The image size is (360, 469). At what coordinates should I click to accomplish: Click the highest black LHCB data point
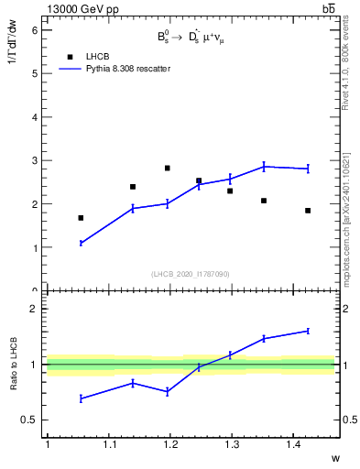coord(167,168)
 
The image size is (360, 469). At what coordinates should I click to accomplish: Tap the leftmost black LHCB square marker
coord(81,218)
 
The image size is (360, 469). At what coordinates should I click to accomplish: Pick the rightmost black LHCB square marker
coord(308,211)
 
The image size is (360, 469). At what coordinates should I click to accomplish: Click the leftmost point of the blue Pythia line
coord(81,243)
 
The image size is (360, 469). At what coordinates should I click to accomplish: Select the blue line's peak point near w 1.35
coord(264,166)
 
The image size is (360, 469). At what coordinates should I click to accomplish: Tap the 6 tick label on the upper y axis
coord(35,30)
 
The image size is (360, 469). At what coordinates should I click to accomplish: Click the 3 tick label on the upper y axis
coord(35,161)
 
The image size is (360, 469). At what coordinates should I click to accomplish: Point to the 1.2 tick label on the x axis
coord(169,444)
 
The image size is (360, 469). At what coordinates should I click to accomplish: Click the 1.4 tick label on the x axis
coord(293,444)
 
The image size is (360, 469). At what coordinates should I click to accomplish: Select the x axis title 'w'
coord(334,457)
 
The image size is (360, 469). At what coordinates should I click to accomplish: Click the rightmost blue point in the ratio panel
coord(308,331)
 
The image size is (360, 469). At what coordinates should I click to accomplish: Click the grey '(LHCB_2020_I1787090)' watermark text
coord(191,274)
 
